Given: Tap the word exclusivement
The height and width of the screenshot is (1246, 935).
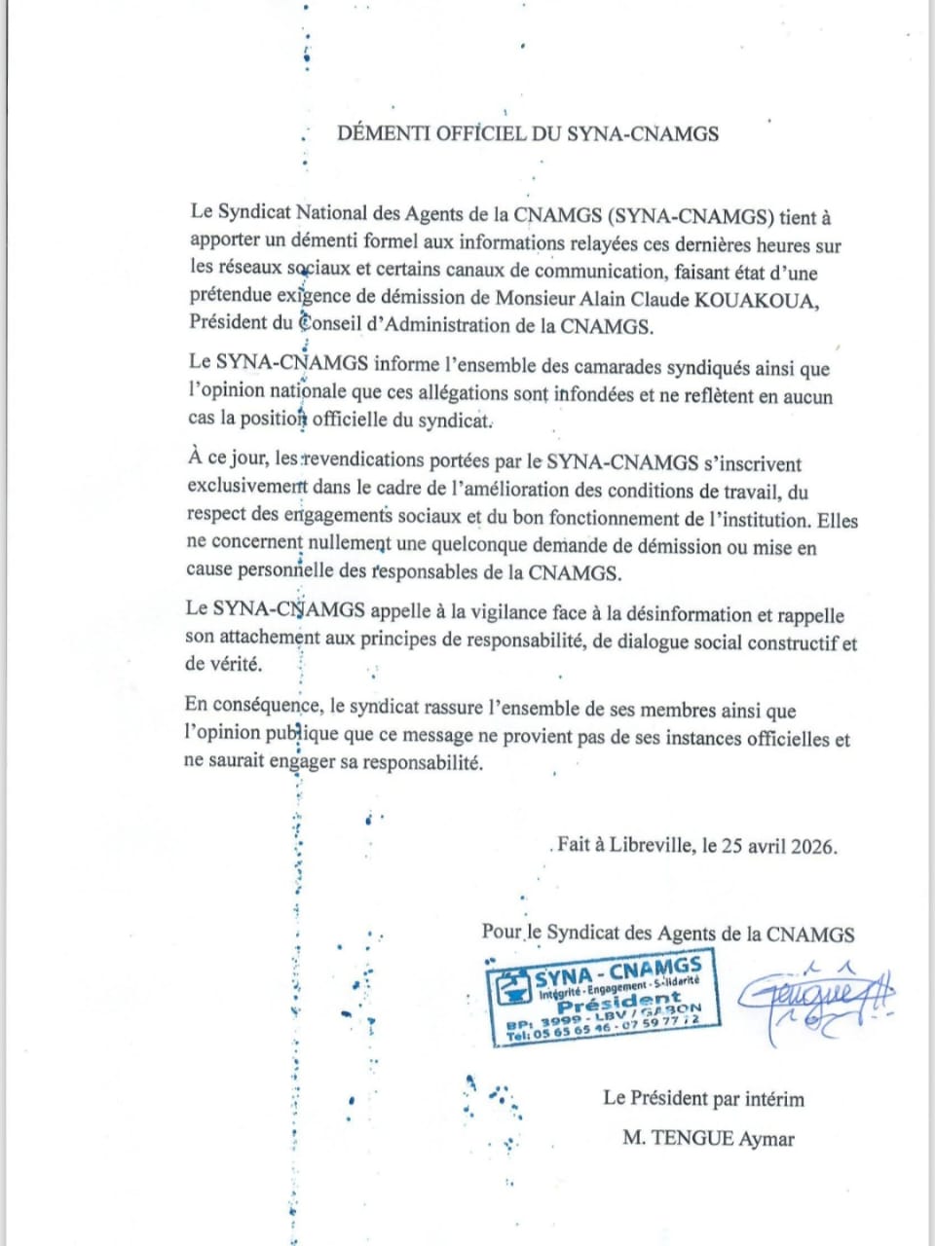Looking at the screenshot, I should (245, 490).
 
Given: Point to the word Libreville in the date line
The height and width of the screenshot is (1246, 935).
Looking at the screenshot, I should (652, 845).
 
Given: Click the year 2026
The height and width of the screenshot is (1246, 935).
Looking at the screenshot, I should (810, 846).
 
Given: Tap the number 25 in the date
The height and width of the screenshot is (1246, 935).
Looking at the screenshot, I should (731, 846).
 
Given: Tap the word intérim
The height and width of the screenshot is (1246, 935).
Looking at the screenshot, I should (774, 1100).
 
